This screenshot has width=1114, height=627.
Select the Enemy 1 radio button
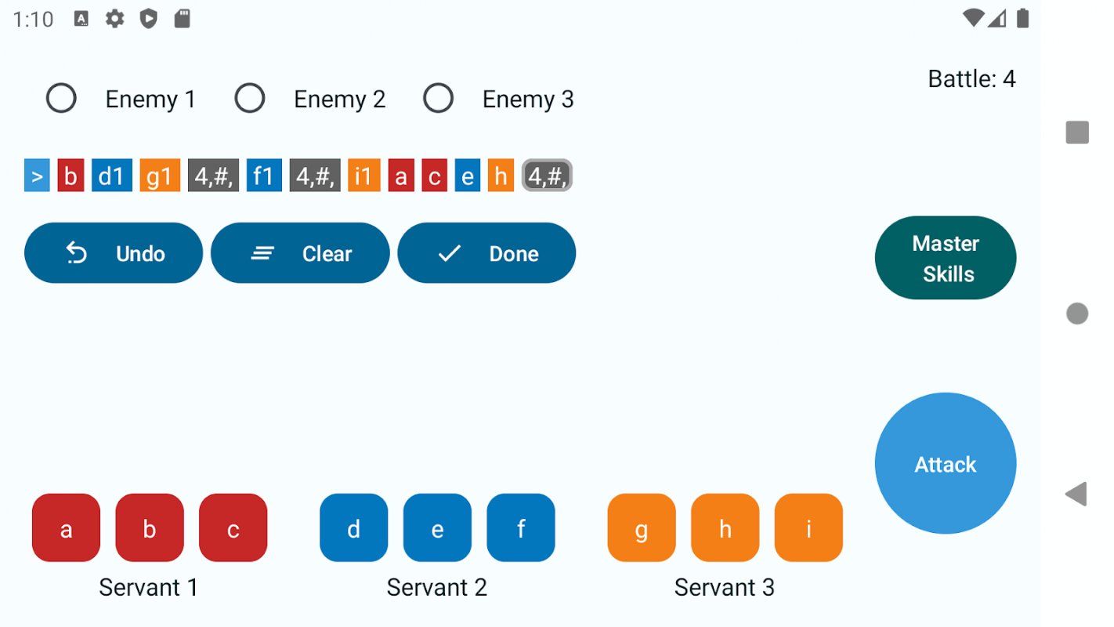(x=61, y=98)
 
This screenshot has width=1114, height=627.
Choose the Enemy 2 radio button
(x=250, y=98)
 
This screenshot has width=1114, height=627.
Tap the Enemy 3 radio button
(x=438, y=98)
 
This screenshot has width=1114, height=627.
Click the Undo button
(x=114, y=253)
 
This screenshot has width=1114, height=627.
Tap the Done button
(x=486, y=253)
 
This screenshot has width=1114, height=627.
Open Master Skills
(x=946, y=258)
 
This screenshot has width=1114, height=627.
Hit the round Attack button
(x=946, y=463)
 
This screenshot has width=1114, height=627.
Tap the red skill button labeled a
(x=66, y=527)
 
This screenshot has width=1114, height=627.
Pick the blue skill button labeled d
(x=353, y=527)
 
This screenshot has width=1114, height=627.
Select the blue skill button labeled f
(x=521, y=527)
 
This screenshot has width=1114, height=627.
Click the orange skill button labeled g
(x=642, y=527)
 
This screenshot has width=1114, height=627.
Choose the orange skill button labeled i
(x=808, y=527)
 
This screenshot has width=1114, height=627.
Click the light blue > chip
(x=37, y=175)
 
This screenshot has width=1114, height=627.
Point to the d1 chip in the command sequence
(x=112, y=175)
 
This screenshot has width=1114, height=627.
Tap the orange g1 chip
(x=160, y=175)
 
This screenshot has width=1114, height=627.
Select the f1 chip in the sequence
(x=264, y=175)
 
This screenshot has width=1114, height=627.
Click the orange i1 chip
(x=364, y=175)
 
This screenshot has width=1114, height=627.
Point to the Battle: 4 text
(x=971, y=78)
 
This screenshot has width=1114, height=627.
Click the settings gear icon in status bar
(x=115, y=19)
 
